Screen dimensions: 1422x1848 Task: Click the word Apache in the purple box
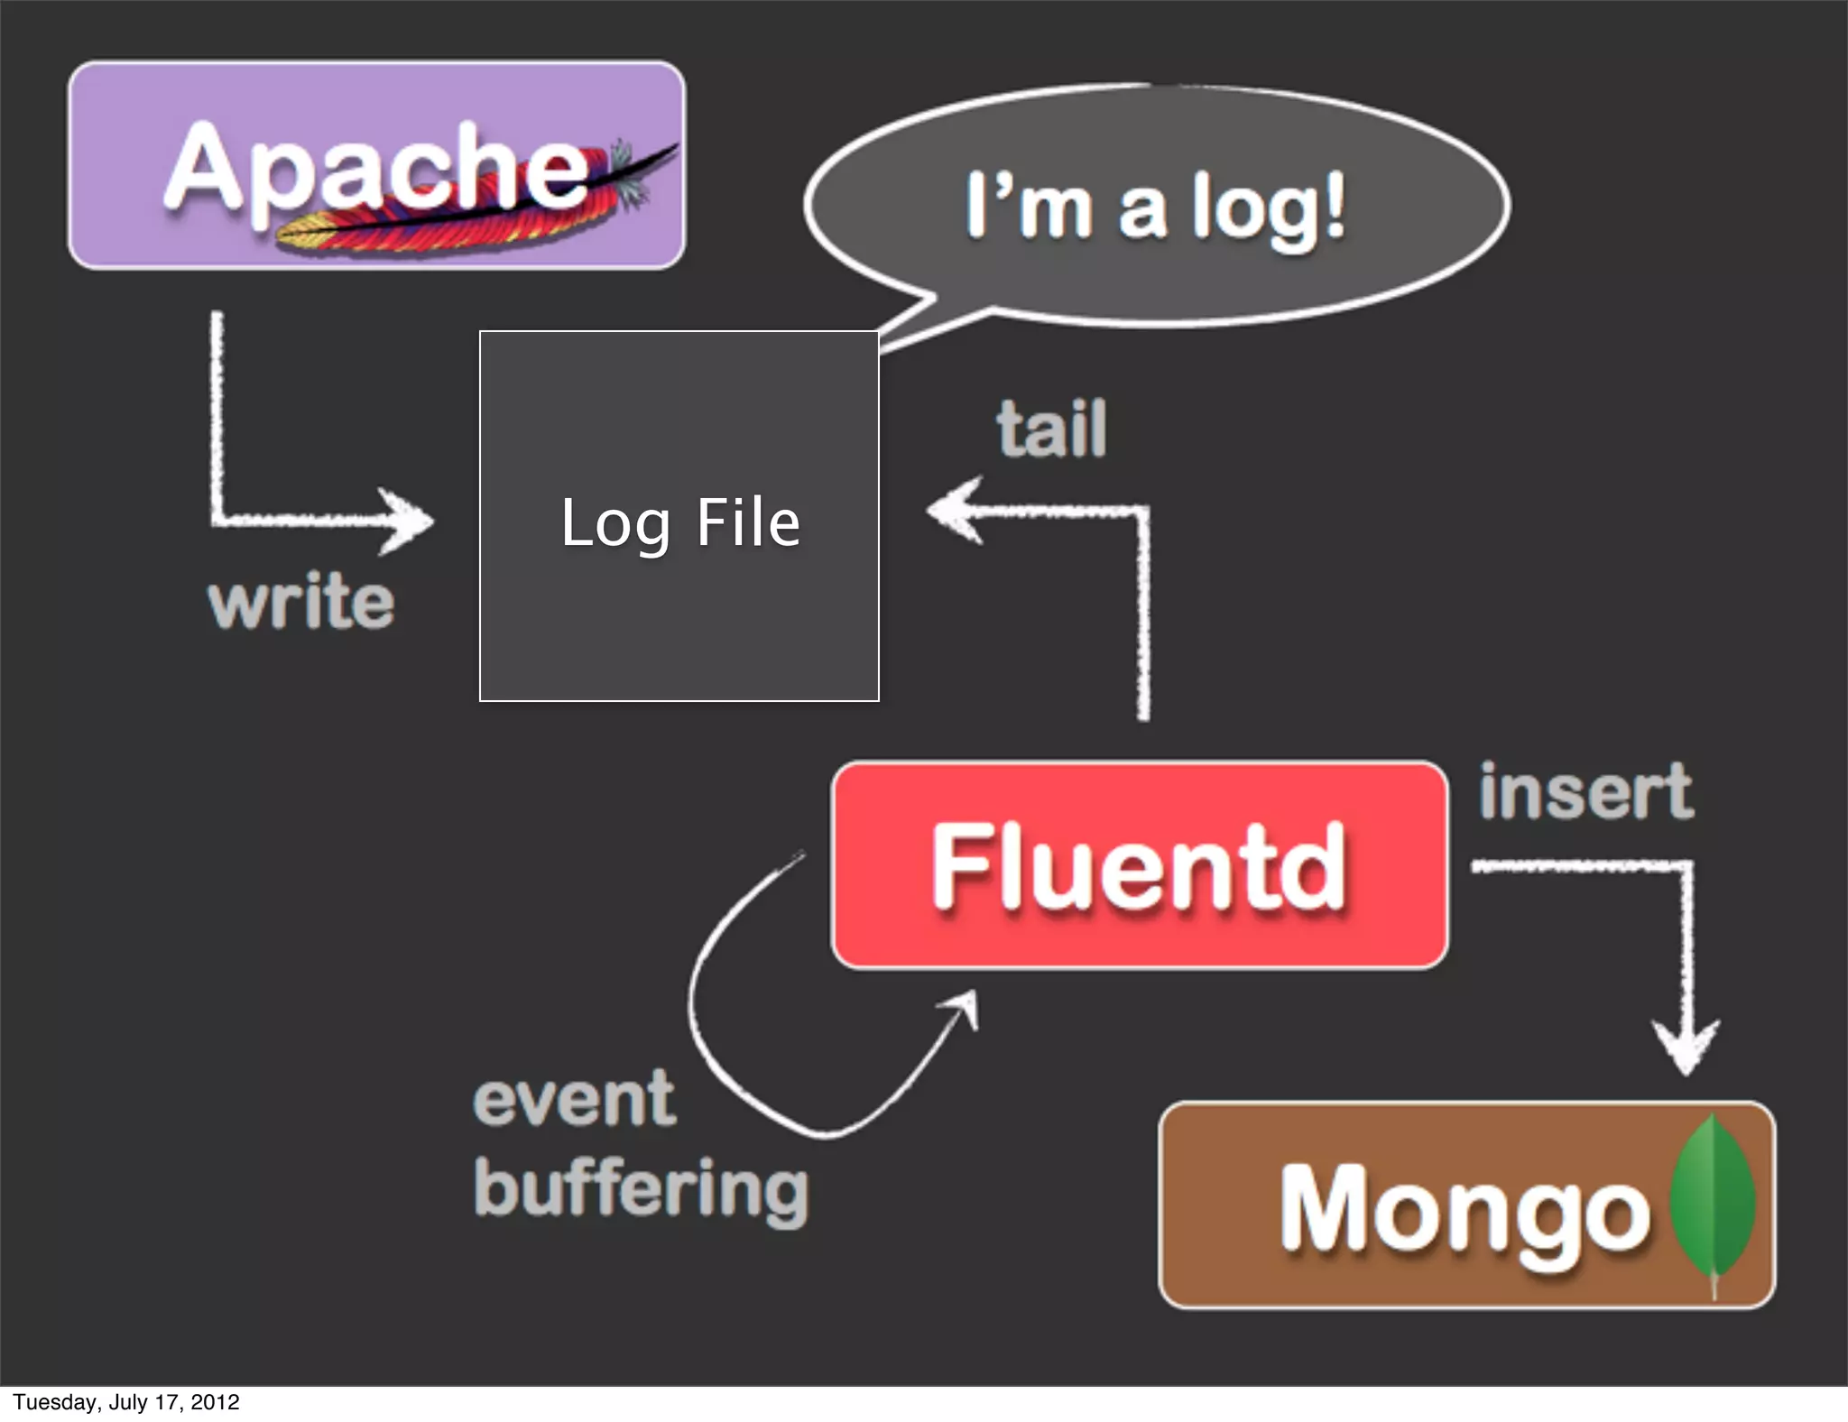click(374, 167)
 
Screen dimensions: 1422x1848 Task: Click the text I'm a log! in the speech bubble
click(1155, 208)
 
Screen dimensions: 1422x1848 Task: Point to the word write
click(300, 602)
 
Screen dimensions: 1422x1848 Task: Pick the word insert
click(1585, 791)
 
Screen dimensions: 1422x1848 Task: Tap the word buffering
click(641, 1189)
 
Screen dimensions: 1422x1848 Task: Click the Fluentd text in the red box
click(1139, 866)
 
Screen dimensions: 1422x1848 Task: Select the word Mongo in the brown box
click(1464, 1207)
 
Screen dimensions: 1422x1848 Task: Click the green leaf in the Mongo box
click(1712, 1196)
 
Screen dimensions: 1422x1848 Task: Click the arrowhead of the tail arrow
click(952, 511)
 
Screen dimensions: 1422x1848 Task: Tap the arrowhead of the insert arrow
click(1686, 1047)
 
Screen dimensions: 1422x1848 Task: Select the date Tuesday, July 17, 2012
click(126, 1402)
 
